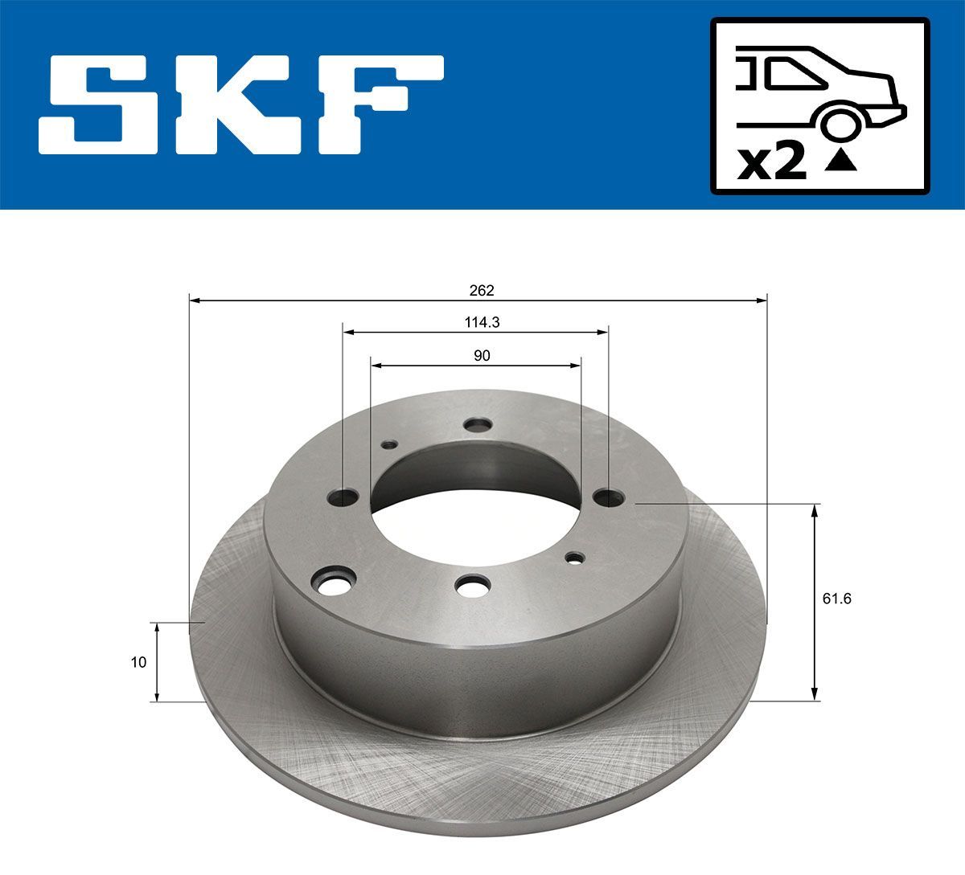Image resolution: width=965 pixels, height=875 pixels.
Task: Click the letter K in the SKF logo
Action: pyautogui.click(x=241, y=104)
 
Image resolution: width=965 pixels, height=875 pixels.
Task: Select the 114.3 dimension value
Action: pyautogui.click(x=482, y=322)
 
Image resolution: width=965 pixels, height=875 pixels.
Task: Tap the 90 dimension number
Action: pyautogui.click(x=482, y=355)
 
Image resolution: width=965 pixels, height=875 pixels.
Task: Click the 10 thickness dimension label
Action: pyautogui.click(x=139, y=663)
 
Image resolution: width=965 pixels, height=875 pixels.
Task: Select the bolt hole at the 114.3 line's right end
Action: pyautogui.click(x=609, y=499)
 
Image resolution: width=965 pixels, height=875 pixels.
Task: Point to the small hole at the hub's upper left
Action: pyautogui.click(x=389, y=444)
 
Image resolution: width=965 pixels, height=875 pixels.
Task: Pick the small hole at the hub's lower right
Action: pyautogui.click(x=575, y=558)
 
